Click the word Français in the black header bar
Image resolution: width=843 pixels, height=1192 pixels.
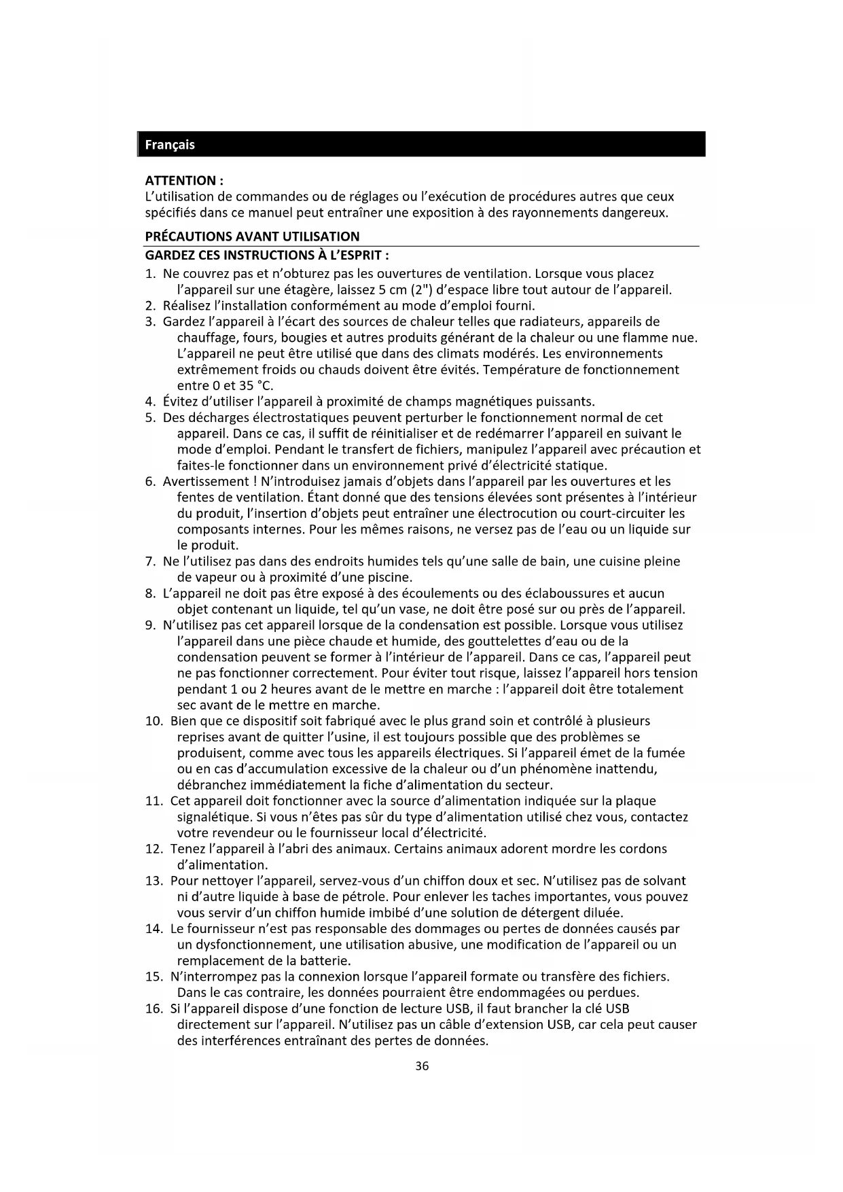(x=170, y=145)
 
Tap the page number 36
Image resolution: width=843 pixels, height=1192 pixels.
(x=422, y=1066)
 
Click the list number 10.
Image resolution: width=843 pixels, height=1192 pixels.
(x=154, y=721)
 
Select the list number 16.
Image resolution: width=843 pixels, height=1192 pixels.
(x=154, y=1009)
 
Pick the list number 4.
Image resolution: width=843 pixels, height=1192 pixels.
(x=150, y=402)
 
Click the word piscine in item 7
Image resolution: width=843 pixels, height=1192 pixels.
(x=389, y=578)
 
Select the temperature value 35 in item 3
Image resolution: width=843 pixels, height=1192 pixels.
(x=246, y=386)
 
